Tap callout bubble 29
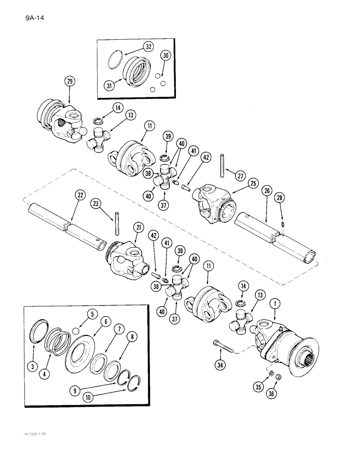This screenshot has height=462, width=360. click(69, 82)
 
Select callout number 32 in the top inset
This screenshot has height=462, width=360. click(148, 47)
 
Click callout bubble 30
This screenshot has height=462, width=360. click(166, 55)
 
